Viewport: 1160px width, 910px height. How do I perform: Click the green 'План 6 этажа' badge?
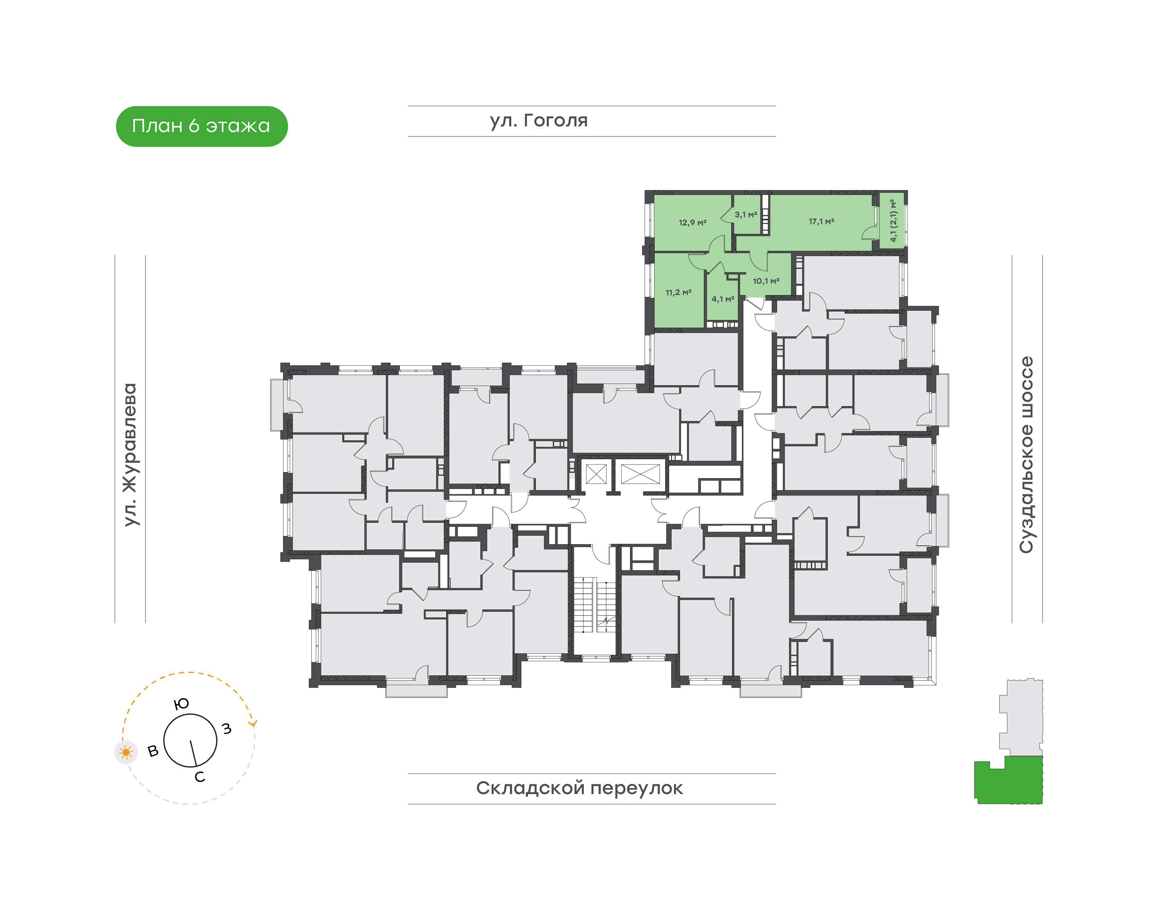(201, 126)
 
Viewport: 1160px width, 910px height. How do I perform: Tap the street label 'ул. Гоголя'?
(538, 121)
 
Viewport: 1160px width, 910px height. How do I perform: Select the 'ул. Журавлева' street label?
(130, 454)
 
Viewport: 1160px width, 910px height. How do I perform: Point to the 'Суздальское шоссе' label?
(1026, 454)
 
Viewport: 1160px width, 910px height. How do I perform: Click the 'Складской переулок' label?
(579, 788)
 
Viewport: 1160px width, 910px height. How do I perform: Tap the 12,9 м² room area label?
(693, 223)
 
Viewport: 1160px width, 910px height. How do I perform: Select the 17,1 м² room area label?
(821, 221)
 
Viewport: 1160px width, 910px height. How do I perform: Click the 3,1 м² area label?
(746, 215)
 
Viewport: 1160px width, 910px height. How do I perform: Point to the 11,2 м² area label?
(678, 293)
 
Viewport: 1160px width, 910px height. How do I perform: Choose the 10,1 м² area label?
(766, 281)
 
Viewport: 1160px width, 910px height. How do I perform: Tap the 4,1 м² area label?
(723, 299)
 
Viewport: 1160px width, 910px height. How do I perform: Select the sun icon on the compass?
(126, 752)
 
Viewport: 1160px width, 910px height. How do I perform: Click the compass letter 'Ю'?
(182, 704)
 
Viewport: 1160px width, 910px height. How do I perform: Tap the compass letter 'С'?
(200, 777)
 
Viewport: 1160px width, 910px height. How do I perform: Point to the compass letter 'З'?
(227, 728)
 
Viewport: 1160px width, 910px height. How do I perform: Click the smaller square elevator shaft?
(596, 474)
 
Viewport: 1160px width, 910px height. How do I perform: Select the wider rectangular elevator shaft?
(640, 474)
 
